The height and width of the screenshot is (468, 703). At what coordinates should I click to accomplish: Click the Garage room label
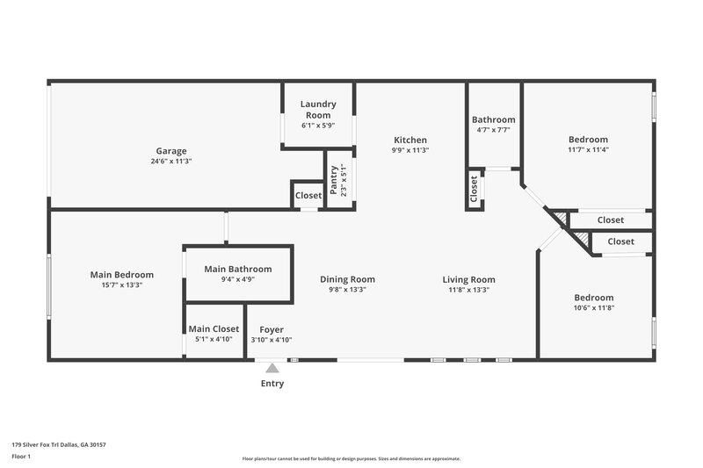171,150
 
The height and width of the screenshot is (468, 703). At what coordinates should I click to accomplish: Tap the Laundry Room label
318,110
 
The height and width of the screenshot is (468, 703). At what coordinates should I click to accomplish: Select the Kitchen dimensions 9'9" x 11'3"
410,150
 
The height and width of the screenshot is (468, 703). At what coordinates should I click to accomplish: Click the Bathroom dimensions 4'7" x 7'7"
493,130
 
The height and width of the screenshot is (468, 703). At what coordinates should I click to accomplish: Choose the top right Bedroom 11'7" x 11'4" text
588,149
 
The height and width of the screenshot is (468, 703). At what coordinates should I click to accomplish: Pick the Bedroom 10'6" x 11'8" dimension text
595,308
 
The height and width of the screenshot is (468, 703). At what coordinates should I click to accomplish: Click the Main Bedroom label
121,274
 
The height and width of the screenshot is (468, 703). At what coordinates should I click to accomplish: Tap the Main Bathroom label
237,269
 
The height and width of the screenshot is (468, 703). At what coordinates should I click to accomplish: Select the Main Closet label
214,328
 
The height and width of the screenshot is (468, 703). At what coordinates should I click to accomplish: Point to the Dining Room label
347,279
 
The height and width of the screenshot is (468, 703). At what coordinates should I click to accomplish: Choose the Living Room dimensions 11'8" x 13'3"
469,290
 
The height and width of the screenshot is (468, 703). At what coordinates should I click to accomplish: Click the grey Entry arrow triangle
272,369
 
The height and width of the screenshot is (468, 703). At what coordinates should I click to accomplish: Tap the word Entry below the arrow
272,383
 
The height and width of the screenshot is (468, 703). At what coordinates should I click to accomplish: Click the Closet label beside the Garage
308,195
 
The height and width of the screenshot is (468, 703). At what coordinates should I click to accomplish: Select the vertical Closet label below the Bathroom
474,191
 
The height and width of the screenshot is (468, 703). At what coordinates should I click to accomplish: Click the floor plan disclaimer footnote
351,458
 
